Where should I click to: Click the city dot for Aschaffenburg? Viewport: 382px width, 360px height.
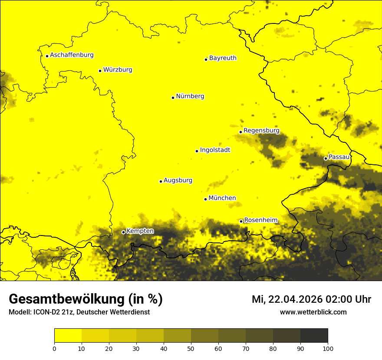pos(47,56)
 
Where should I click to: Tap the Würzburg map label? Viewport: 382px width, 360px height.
pos(118,70)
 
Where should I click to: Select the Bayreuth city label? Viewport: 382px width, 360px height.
pos(223,58)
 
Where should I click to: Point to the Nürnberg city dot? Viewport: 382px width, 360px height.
pos(173,98)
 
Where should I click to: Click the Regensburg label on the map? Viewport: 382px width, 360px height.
pos(261,131)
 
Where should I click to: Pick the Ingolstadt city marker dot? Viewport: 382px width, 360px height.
pos(197,151)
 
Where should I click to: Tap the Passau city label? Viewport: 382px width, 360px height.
pos(339,157)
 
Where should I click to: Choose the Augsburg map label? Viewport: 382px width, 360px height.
pos(178,180)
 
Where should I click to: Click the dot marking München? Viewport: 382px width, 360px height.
pos(205,199)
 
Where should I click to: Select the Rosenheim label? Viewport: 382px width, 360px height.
pos(260,220)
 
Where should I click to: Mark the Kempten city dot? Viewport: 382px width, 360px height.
pos(123,232)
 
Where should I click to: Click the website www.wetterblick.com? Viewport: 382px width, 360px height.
pos(313,312)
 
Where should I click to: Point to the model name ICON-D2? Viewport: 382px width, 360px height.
pos(46,312)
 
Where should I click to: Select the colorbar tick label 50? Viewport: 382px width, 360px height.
pos(191,348)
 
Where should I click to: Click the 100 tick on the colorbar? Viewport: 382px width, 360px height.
pos(328,348)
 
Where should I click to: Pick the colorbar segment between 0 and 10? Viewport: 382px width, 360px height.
pos(68,336)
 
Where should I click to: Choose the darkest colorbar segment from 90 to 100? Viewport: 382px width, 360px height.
pos(314,336)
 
